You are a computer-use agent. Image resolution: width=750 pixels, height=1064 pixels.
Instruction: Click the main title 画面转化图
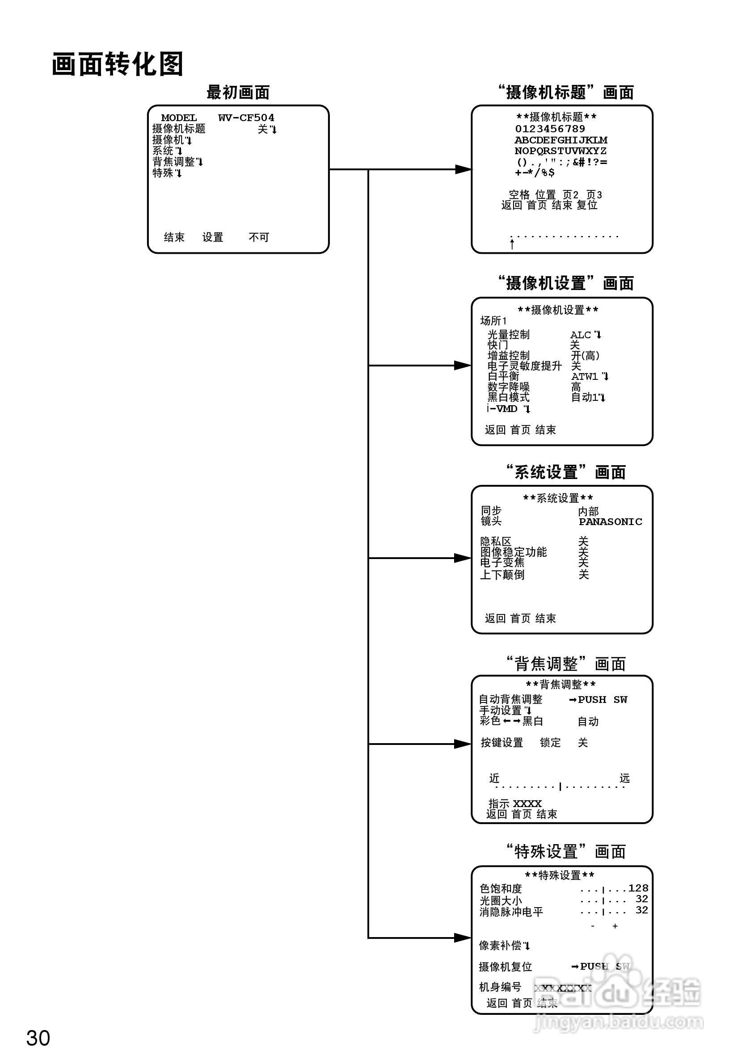click(118, 64)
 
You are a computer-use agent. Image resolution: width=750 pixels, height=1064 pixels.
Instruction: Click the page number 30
click(38, 1038)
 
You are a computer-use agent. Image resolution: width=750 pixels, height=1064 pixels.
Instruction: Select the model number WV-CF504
click(246, 118)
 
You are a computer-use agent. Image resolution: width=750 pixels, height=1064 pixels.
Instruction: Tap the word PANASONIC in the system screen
click(610, 522)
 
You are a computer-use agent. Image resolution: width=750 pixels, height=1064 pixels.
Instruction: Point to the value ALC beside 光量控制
click(580, 335)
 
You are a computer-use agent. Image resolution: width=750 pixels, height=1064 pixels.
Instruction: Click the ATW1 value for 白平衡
click(585, 377)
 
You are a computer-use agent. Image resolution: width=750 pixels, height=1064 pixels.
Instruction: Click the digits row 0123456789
click(550, 129)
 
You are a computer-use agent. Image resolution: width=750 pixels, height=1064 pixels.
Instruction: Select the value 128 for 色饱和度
click(638, 888)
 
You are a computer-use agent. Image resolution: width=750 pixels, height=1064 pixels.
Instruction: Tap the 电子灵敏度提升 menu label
click(524, 366)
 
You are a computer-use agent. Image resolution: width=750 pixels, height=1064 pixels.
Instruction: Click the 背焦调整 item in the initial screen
click(174, 162)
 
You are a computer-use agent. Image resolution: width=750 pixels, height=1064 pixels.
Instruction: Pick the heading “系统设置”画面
click(565, 472)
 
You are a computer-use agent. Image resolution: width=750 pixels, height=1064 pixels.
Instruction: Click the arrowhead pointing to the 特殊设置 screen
click(463, 938)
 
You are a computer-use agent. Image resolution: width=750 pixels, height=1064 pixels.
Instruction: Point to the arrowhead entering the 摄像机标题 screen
click(463, 170)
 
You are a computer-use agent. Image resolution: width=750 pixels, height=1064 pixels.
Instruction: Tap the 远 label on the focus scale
click(624, 778)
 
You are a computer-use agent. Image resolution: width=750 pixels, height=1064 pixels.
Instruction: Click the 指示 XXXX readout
click(515, 803)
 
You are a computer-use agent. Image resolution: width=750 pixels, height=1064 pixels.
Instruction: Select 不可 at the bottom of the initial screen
click(259, 237)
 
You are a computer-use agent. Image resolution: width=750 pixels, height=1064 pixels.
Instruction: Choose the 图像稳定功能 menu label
click(513, 552)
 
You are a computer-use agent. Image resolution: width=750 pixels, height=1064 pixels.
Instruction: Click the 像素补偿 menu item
click(500, 946)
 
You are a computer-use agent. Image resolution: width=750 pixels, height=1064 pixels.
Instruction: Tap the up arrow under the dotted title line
click(512, 244)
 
